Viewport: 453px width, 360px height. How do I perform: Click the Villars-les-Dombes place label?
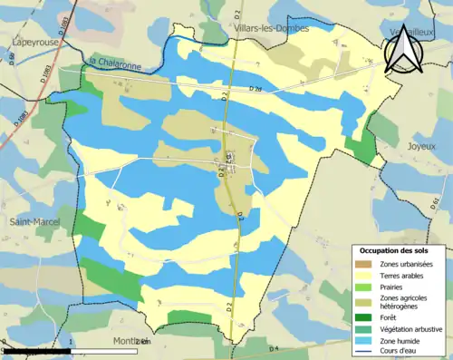pyautogui.click(x=272, y=28)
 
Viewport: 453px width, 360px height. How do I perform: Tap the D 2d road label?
pyautogui.click(x=254, y=89)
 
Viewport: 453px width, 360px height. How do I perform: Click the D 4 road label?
pyautogui.click(x=275, y=348)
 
